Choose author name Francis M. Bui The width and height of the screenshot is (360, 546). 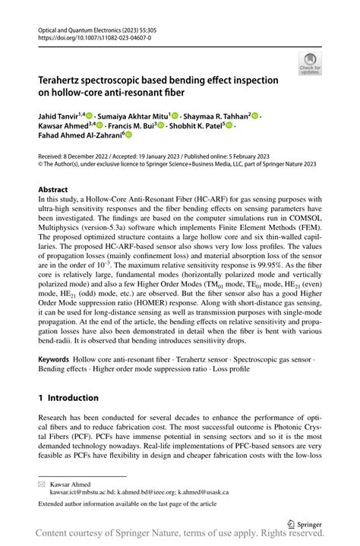131,126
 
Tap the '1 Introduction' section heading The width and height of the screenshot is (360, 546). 68,398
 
